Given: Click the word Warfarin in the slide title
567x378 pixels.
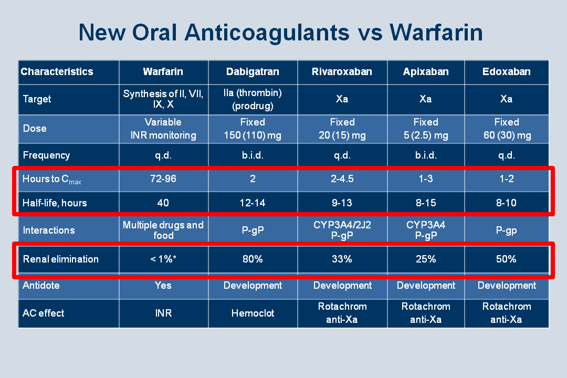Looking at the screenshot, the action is point(436,33).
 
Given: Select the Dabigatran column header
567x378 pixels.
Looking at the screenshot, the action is point(253,71).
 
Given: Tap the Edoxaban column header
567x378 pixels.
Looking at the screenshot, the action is point(506,71).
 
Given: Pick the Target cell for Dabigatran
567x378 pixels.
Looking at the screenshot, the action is point(253,99).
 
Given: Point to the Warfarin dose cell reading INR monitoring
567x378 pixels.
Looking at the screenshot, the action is point(163,129).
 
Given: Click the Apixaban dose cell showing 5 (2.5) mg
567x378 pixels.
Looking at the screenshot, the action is point(426,129).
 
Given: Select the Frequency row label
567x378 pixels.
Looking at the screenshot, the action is point(46,155).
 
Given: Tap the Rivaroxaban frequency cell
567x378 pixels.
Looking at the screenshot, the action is point(342,155).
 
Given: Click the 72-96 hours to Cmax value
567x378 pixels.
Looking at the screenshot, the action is point(163,178).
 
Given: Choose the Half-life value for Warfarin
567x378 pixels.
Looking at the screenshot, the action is point(163,203).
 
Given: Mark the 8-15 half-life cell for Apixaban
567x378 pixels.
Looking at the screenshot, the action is point(426,203).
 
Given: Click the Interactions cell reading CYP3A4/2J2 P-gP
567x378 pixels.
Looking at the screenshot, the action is point(342,230).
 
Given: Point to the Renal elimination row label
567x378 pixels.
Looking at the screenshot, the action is point(61,259).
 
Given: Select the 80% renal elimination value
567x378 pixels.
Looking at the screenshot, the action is point(253,259).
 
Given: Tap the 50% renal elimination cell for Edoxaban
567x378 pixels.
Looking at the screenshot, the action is point(506,259).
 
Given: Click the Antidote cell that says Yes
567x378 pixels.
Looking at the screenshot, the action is point(163,286).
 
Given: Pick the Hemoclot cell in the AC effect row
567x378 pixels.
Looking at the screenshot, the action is point(253,313).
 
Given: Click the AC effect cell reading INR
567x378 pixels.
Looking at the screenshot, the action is point(163,313).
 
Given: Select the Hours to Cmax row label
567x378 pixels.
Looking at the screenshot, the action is point(51,179).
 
